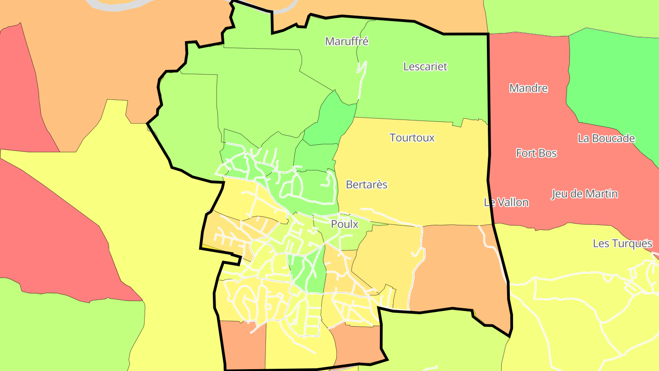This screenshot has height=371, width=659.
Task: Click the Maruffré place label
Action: point(346,41)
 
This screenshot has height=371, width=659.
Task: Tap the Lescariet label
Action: point(425,66)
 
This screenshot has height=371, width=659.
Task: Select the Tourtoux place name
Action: point(412,137)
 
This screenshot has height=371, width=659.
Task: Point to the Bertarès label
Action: point(367,185)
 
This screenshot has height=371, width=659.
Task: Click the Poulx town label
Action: point(344,224)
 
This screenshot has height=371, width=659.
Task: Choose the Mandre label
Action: point(528,88)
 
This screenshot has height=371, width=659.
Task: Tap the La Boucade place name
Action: point(606,138)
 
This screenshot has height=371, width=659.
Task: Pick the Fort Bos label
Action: point(536,153)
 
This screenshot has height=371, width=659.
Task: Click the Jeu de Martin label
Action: point(584,194)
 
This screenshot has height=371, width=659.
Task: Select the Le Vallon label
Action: point(506,202)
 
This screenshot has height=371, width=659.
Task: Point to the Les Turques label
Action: point(622,243)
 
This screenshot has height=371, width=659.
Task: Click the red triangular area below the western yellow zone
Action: point(59,238)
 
